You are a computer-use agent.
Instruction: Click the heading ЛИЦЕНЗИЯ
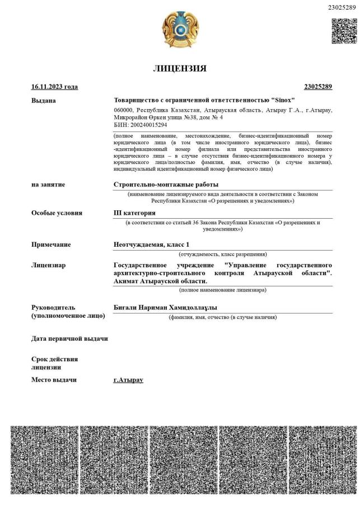pyautogui.click(x=180, y=69)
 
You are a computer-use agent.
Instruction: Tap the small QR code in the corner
pyautogui.click(x=344, y=31)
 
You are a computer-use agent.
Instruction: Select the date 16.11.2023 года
pyautogui.click(x=54, y=87)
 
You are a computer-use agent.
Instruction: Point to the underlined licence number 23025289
pyautogui.click(x=318, y=87)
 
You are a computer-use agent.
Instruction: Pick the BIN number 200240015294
pyautogui.click(x=148, y=125)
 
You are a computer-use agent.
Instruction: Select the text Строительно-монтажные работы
pyautogui.click(x=166, y=185)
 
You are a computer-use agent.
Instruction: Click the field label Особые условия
pyautogui.click(x=57, y=213)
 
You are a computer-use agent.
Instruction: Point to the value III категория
pyautogui.click(x=134, y=213)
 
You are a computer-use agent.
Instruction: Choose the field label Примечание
pyautogui.click(x=51, y=244)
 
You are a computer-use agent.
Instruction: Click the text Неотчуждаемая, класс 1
pyautogui.click(x=151, y=244)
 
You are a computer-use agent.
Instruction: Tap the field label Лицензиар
pyautogui.click(x=48, y=265)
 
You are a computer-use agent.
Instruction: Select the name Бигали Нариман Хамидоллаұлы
pyautogui.click(x=165, y=308)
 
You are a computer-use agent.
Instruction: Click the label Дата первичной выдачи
pyautogui.click(x=69, y=338)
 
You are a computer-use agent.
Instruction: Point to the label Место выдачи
pyautogui.click(x=54, y=380)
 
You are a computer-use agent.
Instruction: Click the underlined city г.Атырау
pyautogui.click(x=128, y=380)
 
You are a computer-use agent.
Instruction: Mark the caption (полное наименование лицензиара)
pyautogui.click(x=222, y=290)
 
